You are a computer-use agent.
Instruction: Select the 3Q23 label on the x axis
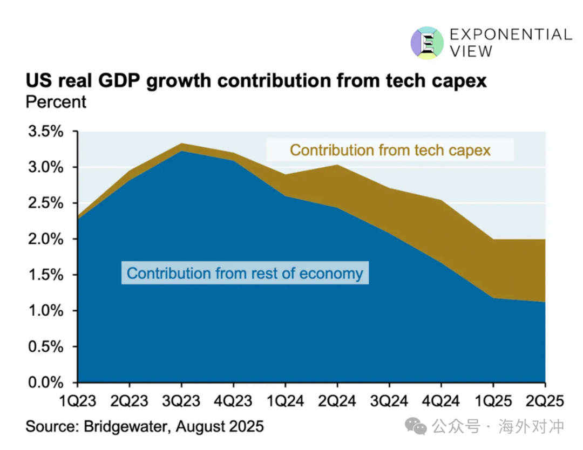[x=181, y=401]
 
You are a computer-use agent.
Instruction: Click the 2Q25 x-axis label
[x=545, y=401]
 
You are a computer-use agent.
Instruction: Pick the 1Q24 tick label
[x=285, y=401]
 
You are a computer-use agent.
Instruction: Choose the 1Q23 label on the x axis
[x=78, y=401]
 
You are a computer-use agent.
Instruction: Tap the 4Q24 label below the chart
[x=441, y=401]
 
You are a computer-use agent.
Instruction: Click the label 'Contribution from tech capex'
[x=390, y=149]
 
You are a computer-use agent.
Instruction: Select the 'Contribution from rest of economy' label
[x=245, y=273]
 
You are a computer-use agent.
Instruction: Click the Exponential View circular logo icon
[x=427, y=43]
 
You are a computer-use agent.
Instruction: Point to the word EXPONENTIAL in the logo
[x=511, y=35]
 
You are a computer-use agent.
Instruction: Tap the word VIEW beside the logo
[x=471, y=51]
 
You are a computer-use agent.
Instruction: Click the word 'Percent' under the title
[x=56, y=101]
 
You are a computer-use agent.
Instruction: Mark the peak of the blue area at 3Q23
[x=181, y=151]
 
